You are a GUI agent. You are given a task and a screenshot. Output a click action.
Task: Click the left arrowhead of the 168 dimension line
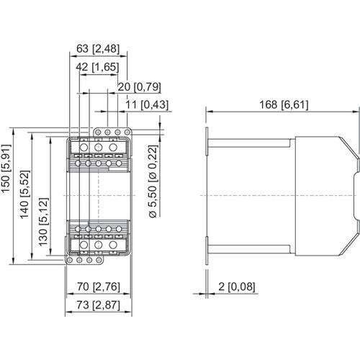tap(210, 109)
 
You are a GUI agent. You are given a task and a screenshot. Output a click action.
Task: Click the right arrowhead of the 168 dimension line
tap(354, 109)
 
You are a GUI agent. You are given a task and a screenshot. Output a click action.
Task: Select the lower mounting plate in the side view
tap(207, 246)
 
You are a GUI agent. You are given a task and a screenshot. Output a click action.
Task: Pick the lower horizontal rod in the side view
tap(249, 246)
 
